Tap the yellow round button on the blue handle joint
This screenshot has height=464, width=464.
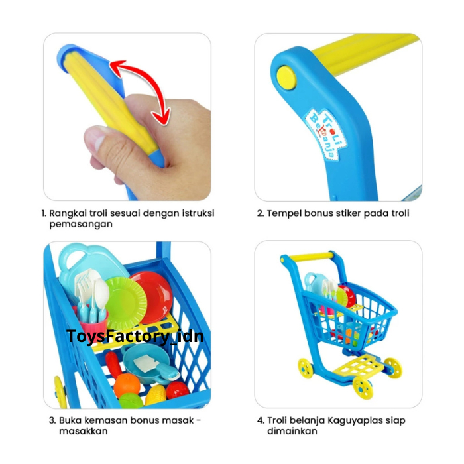[286, 78]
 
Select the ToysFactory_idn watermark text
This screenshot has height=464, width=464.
[135, 337]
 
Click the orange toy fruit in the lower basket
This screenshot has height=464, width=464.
[127, 385]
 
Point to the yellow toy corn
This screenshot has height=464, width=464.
[155, 395]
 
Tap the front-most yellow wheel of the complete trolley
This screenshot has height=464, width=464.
[363, 388]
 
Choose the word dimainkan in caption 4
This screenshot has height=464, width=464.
[292, 431]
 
